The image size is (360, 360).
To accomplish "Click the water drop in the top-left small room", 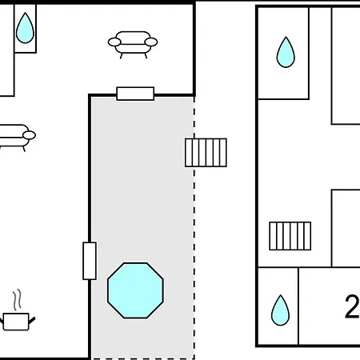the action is click(25, 29).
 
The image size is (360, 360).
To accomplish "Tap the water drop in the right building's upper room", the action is click(286, 53).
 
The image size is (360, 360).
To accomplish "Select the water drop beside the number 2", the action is click(280, 311).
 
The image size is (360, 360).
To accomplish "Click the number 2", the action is click(353, 306).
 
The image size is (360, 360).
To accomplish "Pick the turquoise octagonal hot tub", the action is click(135, 290).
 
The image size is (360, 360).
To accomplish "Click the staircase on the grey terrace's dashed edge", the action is click(206, 153).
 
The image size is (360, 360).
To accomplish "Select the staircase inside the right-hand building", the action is click(290, 236).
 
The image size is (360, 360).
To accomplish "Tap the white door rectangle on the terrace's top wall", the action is click(135, 94).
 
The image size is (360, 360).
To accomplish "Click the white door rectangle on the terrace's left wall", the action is click(90, 261).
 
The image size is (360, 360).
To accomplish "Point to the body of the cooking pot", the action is click(16, 322).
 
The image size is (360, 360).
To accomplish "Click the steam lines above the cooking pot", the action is click(17, 300).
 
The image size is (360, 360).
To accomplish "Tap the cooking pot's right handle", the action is click(32, 320).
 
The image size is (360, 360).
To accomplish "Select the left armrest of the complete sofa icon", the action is click(114, 42).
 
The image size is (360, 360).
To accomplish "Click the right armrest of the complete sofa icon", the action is click(151, 42).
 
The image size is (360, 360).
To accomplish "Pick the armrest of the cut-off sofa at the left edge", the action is click(30, 135).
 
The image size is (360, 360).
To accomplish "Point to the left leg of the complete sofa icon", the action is click(121, 56).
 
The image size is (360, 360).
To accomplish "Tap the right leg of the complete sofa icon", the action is click(146, 56).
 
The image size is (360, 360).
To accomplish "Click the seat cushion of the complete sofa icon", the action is click(133, 49).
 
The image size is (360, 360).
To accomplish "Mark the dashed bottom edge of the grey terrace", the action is click(143, 358).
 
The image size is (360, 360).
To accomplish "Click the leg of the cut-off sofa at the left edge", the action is click(24, 149).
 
